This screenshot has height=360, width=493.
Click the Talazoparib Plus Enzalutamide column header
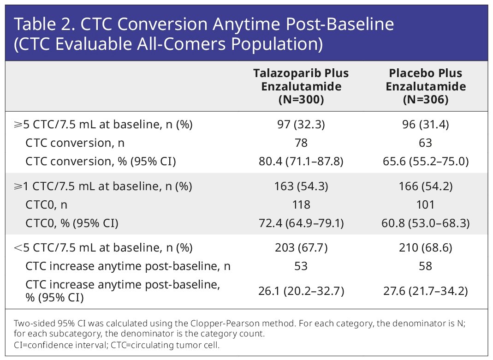coord(301,86)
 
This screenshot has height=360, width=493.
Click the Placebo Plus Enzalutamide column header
coord(426,86)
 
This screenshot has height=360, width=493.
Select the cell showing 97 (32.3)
coord(301,125)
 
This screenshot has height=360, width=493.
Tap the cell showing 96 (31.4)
coord(426,125)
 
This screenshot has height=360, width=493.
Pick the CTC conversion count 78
coord(301,143)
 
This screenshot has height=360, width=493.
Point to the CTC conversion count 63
coord(425,143)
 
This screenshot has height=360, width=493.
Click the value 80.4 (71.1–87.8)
coord(301,162)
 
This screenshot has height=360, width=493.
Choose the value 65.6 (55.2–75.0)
coord(426,162)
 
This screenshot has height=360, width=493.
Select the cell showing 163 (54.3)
coord(301,186)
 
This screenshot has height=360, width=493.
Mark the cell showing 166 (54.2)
coord(426,186)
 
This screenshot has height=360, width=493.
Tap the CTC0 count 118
coord(301,205)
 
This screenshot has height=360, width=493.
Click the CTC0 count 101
coord(425,205)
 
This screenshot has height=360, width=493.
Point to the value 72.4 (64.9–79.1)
coord(301,223)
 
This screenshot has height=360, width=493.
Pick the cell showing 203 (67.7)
coord(301,248)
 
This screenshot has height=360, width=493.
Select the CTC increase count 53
coord(301,266)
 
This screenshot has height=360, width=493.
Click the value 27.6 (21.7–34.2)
coord(426,291)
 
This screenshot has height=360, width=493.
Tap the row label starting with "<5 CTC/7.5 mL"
coord(103,248)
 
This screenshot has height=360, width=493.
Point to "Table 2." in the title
coord(45,24)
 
